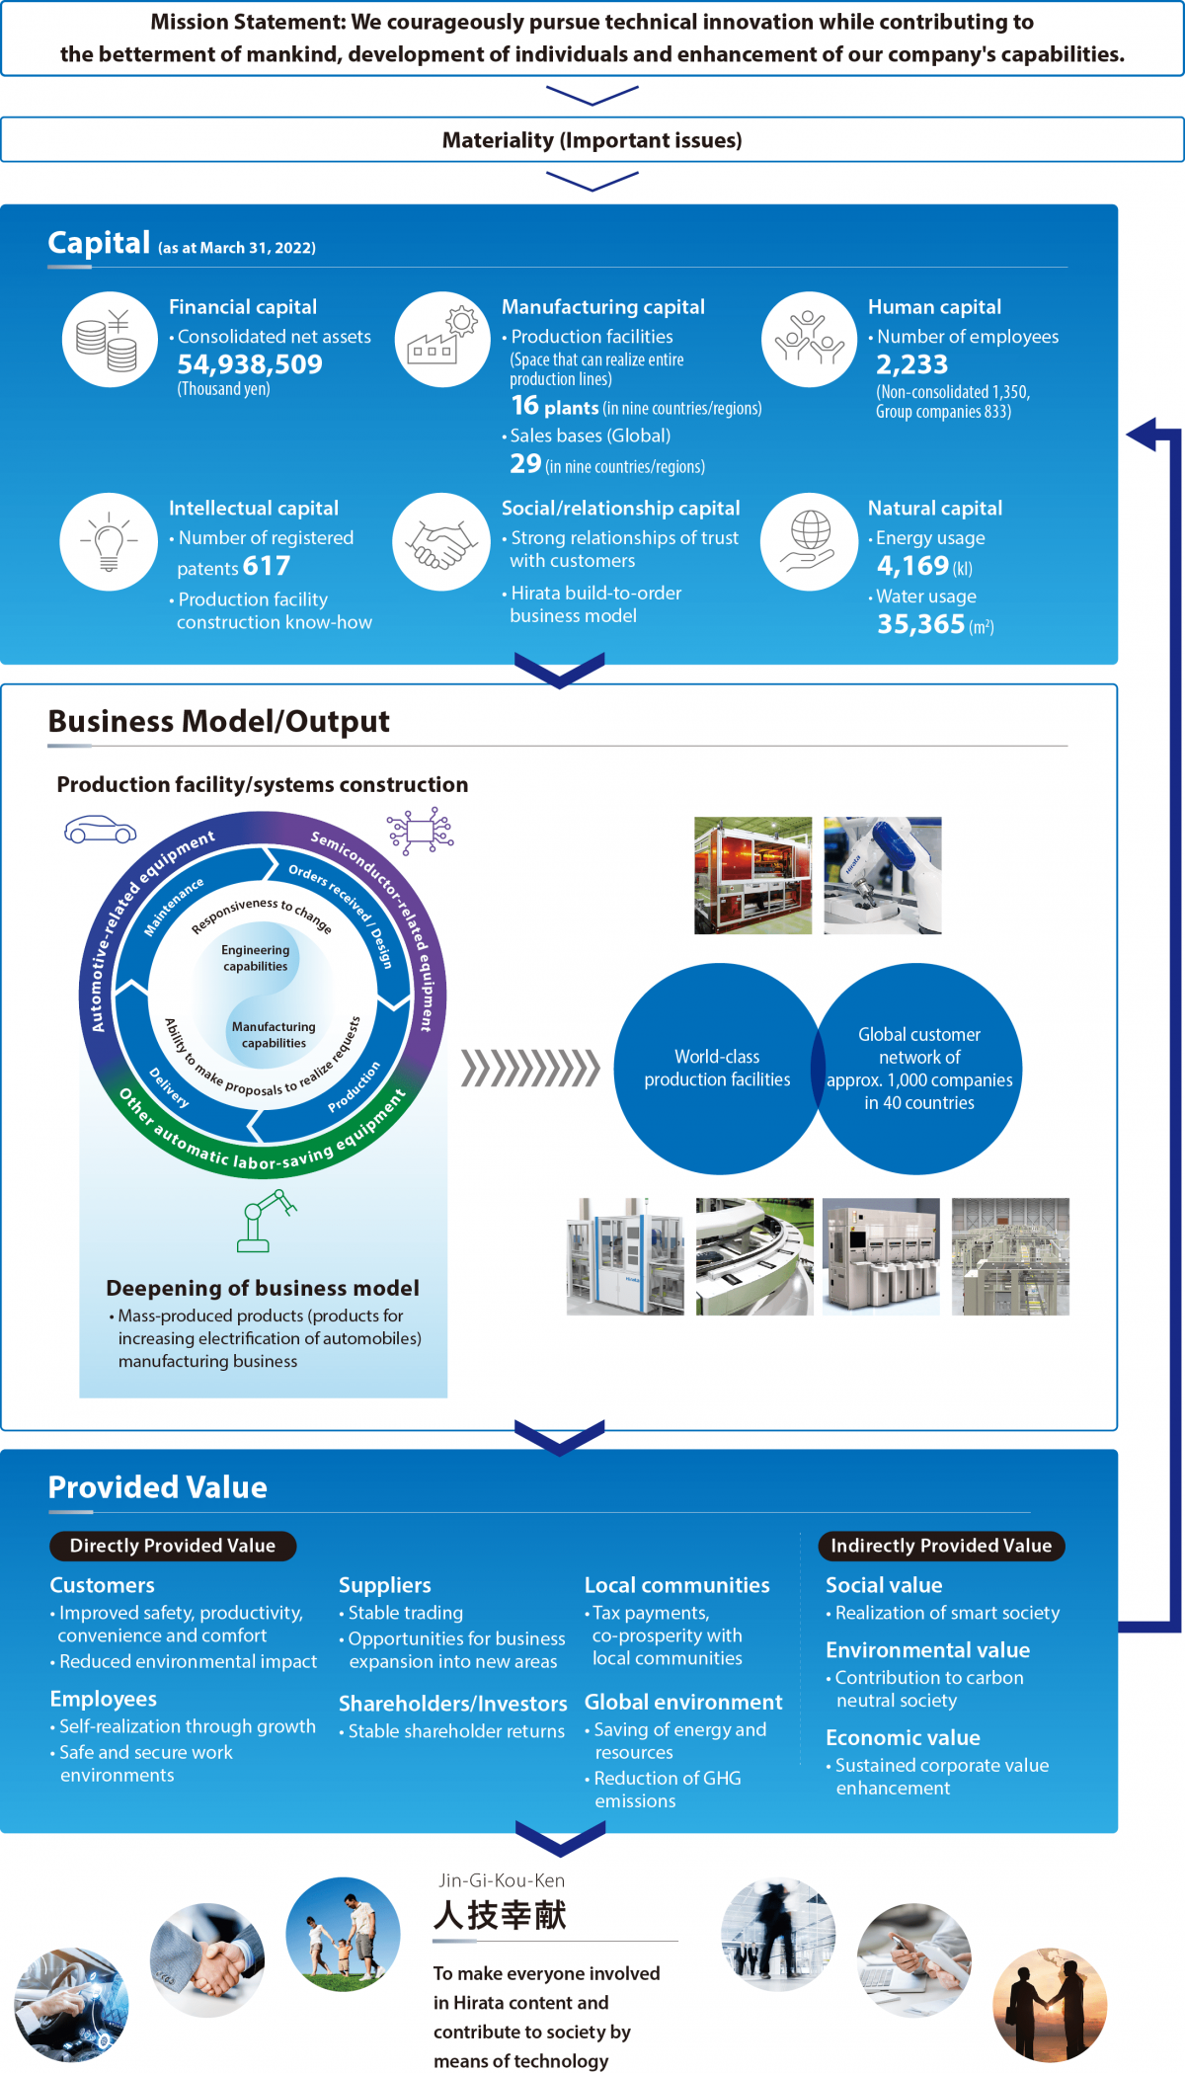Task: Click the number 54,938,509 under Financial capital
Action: [250, 364]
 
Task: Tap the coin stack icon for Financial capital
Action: [109, 340]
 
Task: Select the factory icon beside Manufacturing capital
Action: [441, 340]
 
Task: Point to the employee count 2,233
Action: [911, 364]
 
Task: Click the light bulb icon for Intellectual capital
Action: [109, 541]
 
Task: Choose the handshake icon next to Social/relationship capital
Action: [441, 541]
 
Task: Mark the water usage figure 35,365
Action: [920, 624]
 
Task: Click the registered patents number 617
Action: [267, 566]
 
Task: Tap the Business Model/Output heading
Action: [219, 721]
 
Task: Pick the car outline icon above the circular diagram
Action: [100, 830]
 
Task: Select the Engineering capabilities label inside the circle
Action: [256, 958]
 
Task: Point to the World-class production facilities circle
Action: [718, 1069]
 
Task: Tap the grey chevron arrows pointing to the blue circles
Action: [530, 1069]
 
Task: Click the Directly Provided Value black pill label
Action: [173, 1546]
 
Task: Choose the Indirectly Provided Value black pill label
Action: [941, 1546]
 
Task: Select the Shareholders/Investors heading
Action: [453, 1704]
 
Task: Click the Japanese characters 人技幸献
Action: [500, 1915]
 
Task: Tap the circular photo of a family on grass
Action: [343, 1935]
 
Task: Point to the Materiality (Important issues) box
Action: [592, 140]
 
